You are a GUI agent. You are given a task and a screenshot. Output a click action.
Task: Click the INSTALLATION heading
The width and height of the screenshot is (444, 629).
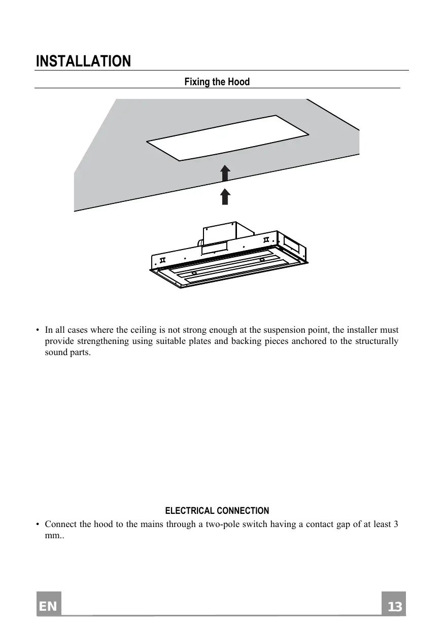[83, 62]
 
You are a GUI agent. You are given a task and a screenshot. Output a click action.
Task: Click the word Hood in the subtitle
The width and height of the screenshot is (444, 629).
[238, 82]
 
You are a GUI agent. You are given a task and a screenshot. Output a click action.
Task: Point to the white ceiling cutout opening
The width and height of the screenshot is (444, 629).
[228, 137]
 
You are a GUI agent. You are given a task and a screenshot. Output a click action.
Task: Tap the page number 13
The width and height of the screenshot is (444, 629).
[394, 607]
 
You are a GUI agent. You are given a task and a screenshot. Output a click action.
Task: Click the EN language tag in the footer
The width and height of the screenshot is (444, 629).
[49, 607]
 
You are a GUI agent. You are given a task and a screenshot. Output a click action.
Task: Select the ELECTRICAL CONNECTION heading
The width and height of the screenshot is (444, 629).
[217, 511]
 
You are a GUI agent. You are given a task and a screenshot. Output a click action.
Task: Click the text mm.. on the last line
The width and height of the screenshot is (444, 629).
[53, 535]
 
